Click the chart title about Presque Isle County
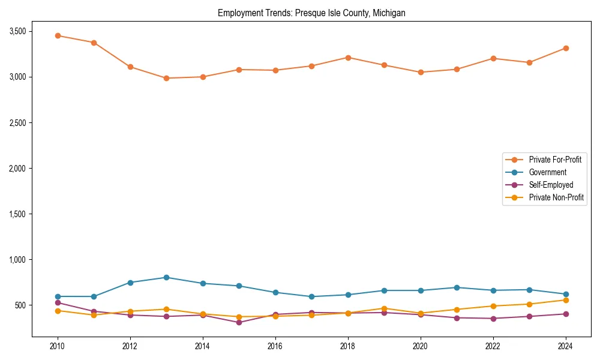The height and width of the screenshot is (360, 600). [311, 13]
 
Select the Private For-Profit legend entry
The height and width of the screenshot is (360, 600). [555, 160]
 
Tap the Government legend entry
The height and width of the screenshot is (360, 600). [547, 172]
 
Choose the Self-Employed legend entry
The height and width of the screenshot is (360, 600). [551, 185]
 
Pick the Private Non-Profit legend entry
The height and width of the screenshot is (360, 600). [556, 197]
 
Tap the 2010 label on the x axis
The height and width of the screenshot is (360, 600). [58, 346]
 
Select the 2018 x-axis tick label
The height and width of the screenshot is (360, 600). [348, 346]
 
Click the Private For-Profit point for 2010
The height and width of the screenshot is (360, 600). [58, 35]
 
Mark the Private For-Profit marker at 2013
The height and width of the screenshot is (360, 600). [166, 78]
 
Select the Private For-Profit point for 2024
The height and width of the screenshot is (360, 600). [566, 48]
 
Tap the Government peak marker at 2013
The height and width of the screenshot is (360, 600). [166, 277]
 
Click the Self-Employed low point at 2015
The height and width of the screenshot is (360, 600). [239, 322]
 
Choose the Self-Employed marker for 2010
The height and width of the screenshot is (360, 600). [58, 302]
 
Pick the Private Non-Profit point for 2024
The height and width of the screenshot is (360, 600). [566, 300]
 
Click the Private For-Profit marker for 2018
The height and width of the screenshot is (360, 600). [348, 58]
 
